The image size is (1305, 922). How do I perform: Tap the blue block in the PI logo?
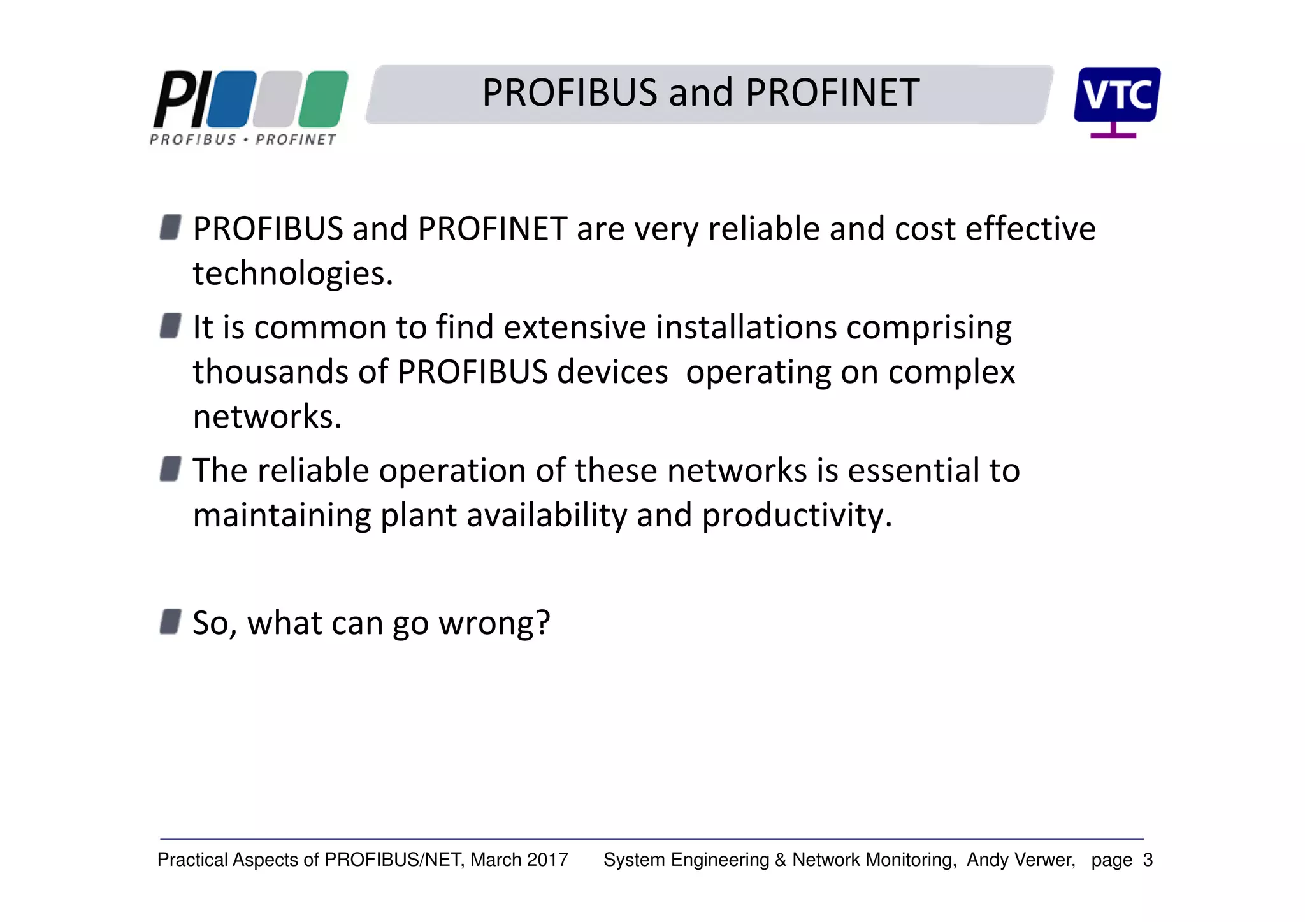[231, 99]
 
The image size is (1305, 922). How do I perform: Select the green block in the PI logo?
[323, 99]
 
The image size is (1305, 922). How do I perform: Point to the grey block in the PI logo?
[277, 99]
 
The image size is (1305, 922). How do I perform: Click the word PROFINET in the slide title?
[832, 93]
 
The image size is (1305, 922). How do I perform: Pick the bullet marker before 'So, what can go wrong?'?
[170, 621]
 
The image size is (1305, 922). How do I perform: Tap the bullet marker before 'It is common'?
[170, 326]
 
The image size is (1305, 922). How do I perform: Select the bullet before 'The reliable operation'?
[170, 469]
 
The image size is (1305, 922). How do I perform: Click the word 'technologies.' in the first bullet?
[293, 274]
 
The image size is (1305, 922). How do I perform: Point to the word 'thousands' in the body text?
[270, 372]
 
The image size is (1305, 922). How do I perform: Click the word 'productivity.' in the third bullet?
[797, 515]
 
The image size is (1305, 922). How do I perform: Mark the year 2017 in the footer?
[547, 860]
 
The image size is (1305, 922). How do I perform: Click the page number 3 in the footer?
[1148, 860]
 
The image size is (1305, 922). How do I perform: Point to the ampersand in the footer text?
[781, 860]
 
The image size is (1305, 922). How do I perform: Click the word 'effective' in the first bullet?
[1030, 229]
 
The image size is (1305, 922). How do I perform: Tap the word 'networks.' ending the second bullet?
[268, 417]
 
